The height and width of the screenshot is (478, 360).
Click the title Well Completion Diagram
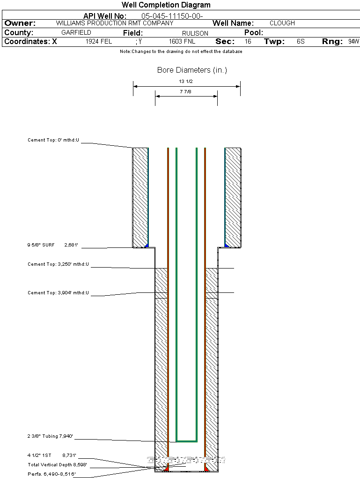tap(166, 5)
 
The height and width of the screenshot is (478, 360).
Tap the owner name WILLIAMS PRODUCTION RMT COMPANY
tap(114, 23)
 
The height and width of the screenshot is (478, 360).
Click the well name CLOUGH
tap(282, 23)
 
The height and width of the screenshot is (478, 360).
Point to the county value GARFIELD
tap(76, 33)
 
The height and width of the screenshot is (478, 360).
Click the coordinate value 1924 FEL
tap(99, 42)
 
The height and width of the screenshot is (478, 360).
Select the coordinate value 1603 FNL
tap(182, 42)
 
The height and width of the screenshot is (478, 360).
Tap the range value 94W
tap(353, 42)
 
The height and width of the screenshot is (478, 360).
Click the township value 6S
tap(301, 42)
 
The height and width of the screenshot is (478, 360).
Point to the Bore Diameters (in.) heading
tap(192, 70)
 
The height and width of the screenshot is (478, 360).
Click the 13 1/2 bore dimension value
tap(186, 82)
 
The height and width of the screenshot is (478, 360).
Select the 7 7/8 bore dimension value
tap(186, 92)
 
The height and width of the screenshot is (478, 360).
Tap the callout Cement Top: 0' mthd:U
tap(53, 140)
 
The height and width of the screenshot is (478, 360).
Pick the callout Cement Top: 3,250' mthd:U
tap(58, 264)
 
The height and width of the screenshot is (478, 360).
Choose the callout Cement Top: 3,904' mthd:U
tap(58, 293)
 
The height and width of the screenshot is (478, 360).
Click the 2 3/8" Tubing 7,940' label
tap(50, 436)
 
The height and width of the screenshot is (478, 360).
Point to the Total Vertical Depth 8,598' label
tap(58, 464)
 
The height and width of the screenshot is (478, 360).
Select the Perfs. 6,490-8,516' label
tap(51, 474)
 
